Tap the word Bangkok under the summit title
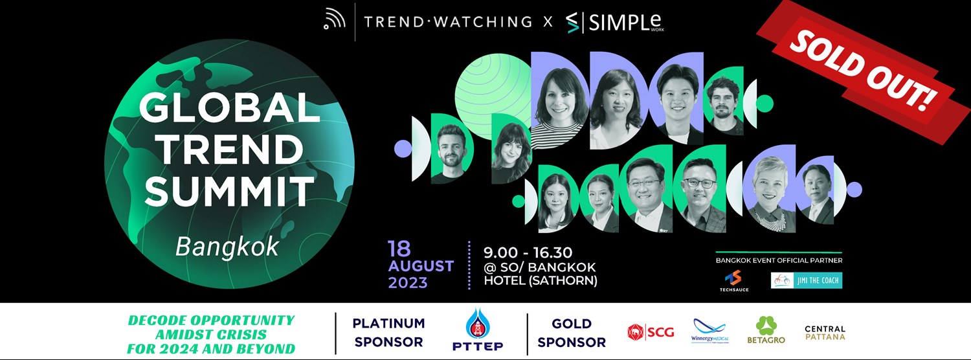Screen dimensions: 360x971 227,246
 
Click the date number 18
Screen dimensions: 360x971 400,249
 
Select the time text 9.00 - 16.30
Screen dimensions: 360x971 528,252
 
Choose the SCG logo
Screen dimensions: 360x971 651,332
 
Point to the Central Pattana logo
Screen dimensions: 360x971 825,333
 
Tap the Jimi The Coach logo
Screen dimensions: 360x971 806,280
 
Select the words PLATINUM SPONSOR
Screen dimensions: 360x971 388,332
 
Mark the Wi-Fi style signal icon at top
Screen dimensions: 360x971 335,21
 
